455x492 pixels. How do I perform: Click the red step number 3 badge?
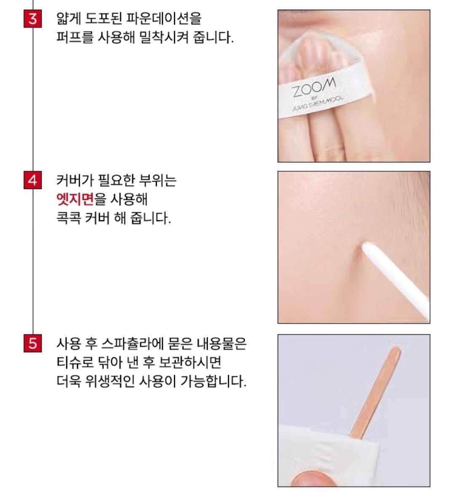[33, 19]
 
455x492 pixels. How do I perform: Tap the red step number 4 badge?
[33, 181]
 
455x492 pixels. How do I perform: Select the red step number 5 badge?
[33, 343]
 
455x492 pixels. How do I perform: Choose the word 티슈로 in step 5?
[75, 362]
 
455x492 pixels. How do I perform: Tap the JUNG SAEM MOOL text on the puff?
[318, 103]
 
